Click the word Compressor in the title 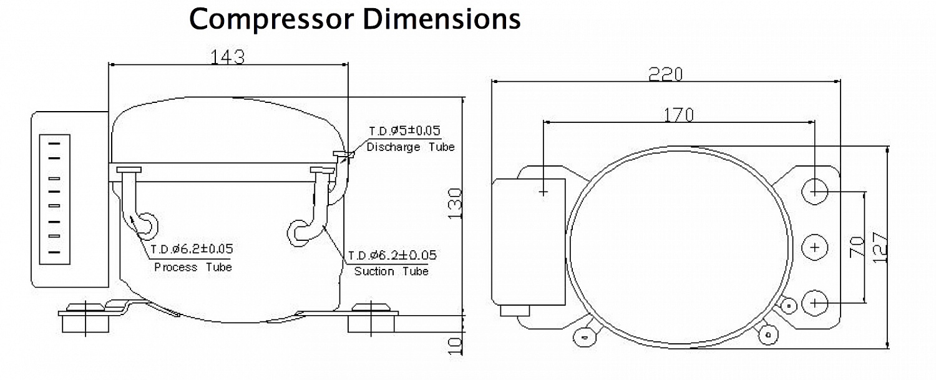pyautogui.click(x=272, y=19)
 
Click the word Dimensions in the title pyautogui.click(x=442, y=18)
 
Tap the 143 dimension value pyautogui.click(x=227, y=57)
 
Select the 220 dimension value pyautogui.click(x=665, y=74)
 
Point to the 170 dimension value pyautogui.click(x=679, y=115)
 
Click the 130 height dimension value pyautogui.click(x=455, y=203)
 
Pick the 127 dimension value pyautogui.click(x=880, y=248)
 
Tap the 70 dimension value pyautogui.click(x=857, y=247)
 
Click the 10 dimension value pyautogui.click(x=455, y=346)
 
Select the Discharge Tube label pyautogui.click(x=411, y=147)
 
